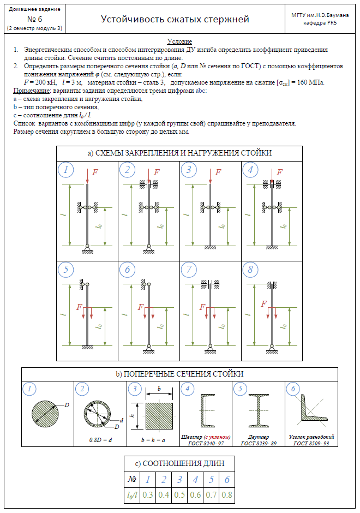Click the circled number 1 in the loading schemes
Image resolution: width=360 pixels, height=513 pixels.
(66, 170)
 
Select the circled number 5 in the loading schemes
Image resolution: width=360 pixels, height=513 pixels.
(66, 270)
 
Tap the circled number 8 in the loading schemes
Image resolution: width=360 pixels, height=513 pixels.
(250, 270)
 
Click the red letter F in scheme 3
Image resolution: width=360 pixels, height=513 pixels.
(218, 172)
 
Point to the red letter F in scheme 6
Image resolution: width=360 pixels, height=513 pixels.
(141, 307)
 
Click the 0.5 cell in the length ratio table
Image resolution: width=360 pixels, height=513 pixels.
(179, 495)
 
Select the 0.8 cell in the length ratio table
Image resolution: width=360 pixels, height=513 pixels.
(226, 495)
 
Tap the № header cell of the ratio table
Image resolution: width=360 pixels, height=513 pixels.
(131, 480)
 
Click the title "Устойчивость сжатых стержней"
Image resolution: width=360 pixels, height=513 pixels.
(175, 20)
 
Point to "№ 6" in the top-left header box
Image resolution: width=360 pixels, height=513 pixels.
(34, 19)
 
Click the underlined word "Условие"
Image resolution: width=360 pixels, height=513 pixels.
(179, 41)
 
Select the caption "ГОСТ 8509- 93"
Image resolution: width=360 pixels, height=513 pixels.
(311, 443)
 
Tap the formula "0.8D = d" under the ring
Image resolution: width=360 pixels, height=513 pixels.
(100, 439)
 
